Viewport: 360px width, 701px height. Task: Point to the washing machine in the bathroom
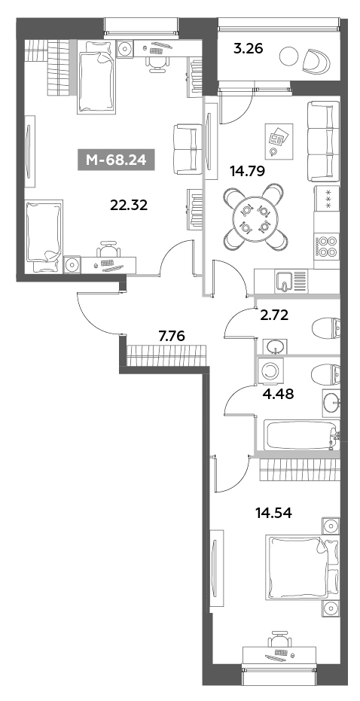[269, 372]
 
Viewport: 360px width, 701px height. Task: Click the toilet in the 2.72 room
[325, 329]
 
